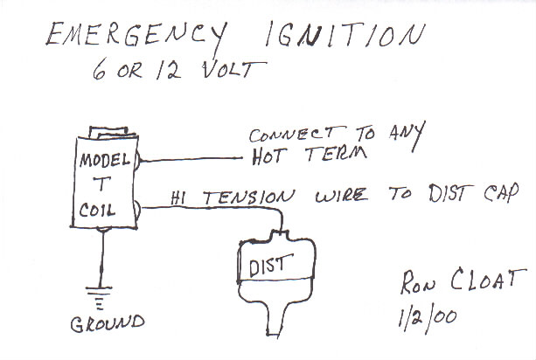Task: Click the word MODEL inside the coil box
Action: click(104, 162)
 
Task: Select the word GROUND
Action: click(108, 323)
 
